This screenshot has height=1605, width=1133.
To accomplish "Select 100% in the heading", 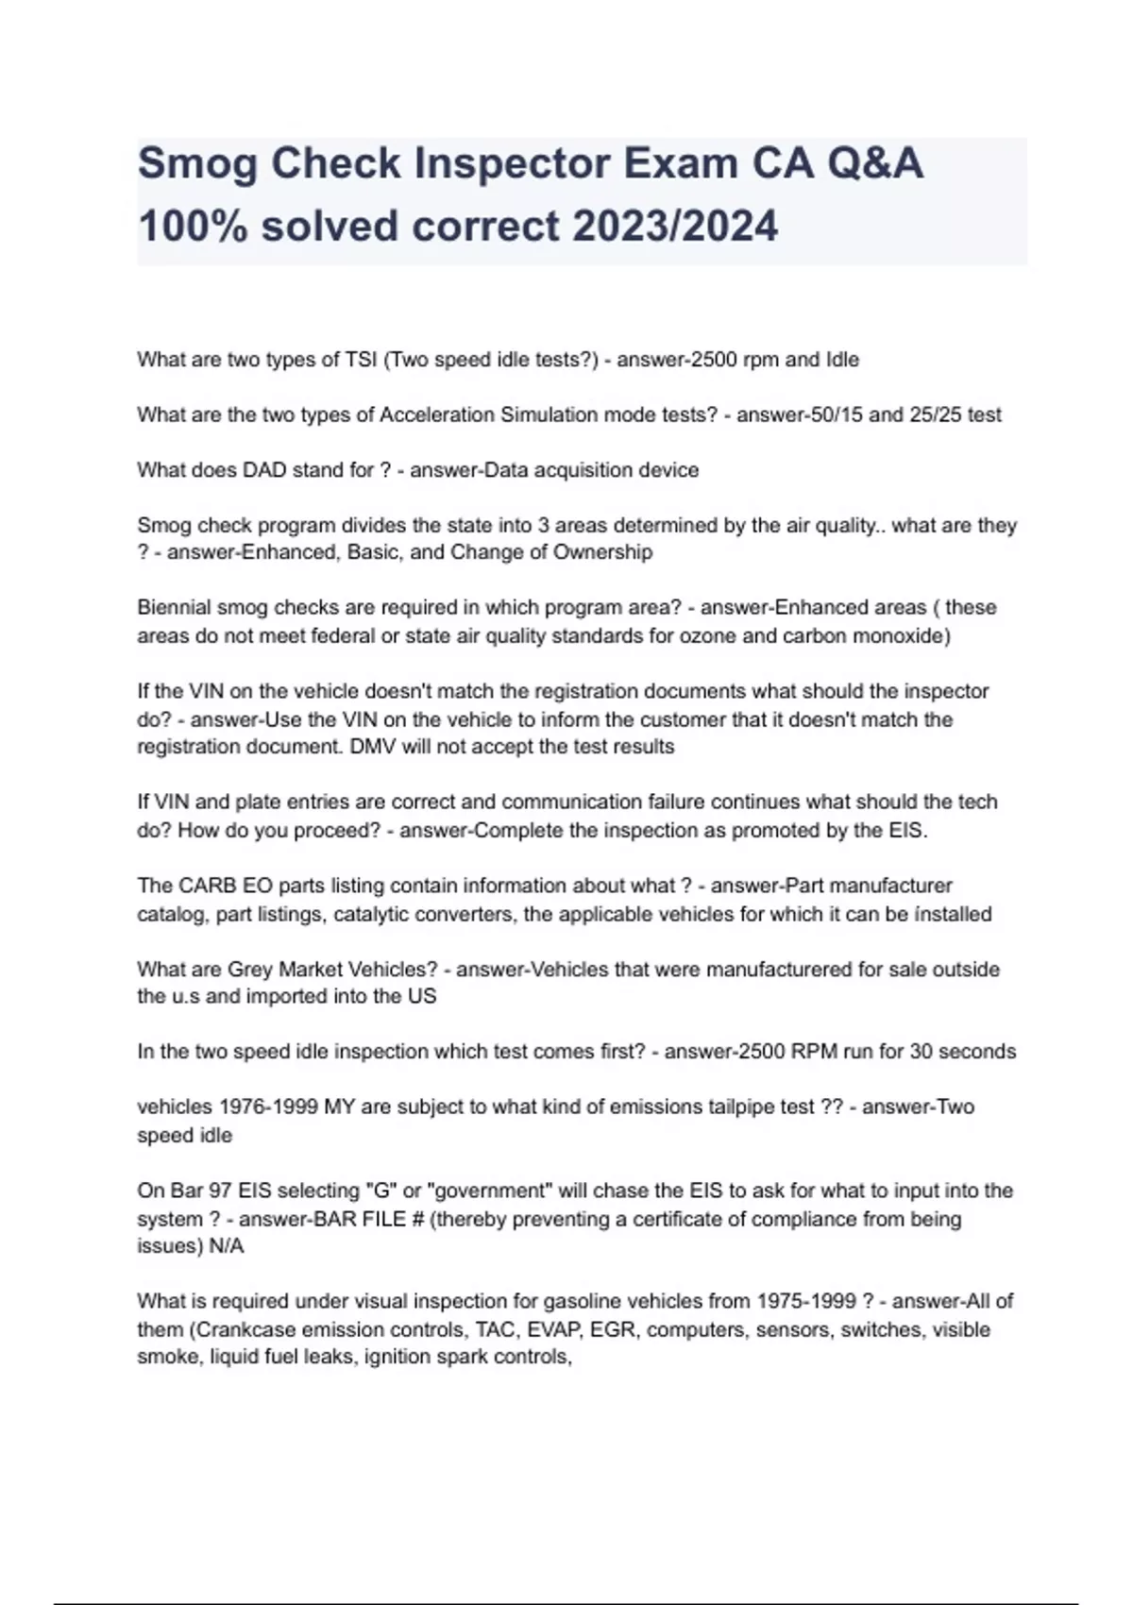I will click(192, 227).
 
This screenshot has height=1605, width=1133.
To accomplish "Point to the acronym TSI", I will click(363, 360).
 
